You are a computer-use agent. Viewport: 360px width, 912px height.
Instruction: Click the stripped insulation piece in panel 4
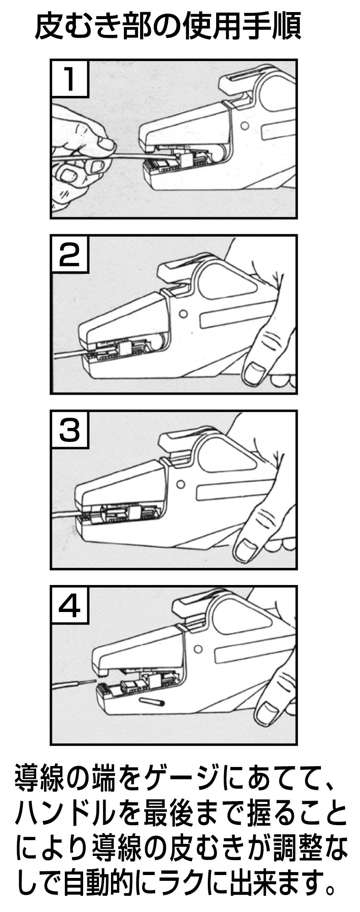tap(152, 701)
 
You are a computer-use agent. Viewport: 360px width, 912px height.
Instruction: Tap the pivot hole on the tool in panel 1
tap(245, 125)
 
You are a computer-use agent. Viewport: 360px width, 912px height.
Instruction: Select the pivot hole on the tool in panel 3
tap(180, 484)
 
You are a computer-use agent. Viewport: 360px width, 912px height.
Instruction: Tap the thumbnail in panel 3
tap(245, 548)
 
